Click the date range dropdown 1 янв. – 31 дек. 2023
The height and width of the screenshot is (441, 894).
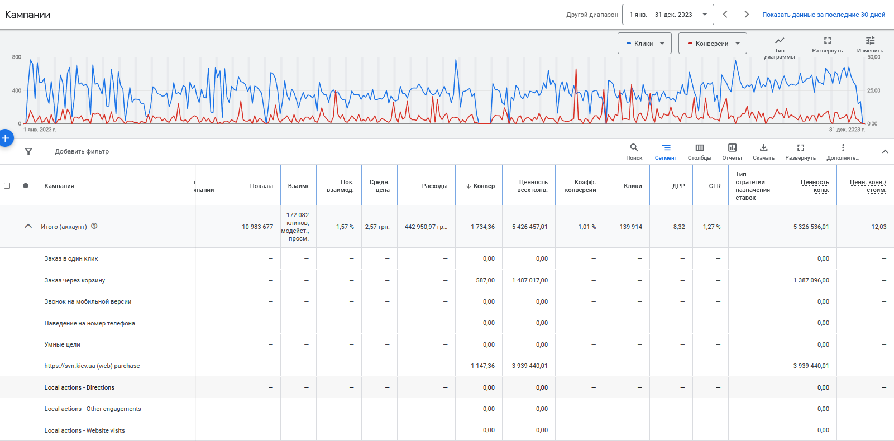668,15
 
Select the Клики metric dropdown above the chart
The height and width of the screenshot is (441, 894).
644,44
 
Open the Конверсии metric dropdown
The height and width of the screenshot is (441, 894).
713,44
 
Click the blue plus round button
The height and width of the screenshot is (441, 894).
6,138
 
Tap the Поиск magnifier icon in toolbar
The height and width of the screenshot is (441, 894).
634,148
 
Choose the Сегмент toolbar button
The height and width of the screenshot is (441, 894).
666,151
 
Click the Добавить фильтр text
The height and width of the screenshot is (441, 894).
82,151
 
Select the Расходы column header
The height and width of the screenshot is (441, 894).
434,186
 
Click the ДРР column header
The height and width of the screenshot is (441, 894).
678,186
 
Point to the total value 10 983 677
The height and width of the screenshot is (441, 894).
257,227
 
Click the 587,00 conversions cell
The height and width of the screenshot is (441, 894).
485,280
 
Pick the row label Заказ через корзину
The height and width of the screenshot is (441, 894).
75,280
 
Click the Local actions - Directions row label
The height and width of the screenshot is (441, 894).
79,387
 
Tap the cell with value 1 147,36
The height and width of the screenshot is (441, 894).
483,366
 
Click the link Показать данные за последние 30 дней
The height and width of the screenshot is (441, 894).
824,15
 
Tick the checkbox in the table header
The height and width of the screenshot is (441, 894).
7,185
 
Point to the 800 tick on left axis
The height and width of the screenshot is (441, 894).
17,57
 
